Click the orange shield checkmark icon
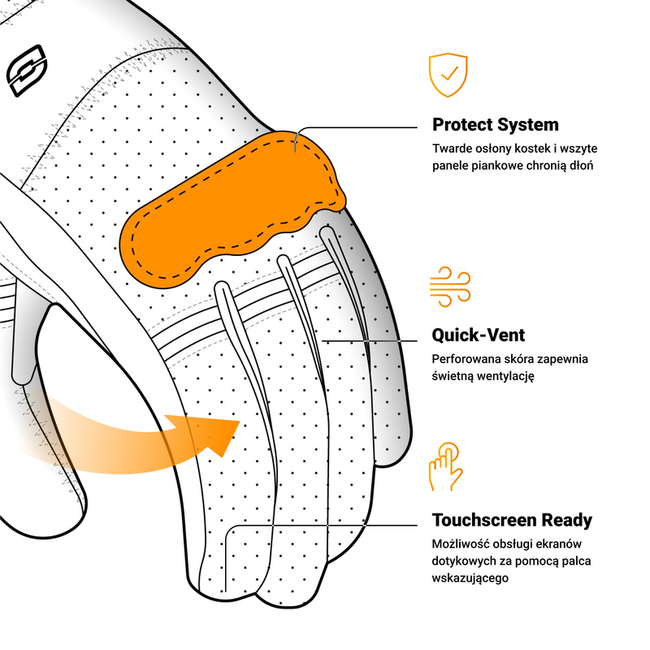click(448, 75)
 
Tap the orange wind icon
click(450, 287)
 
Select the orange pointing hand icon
click(445, 466)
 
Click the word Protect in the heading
click(462, 125)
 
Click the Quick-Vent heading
click(479, 335)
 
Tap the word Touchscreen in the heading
click(484, 520)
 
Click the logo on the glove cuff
click(27, 71)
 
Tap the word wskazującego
click(470, 578)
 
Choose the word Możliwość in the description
click(460, 544)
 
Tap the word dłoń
click(582, 166)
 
